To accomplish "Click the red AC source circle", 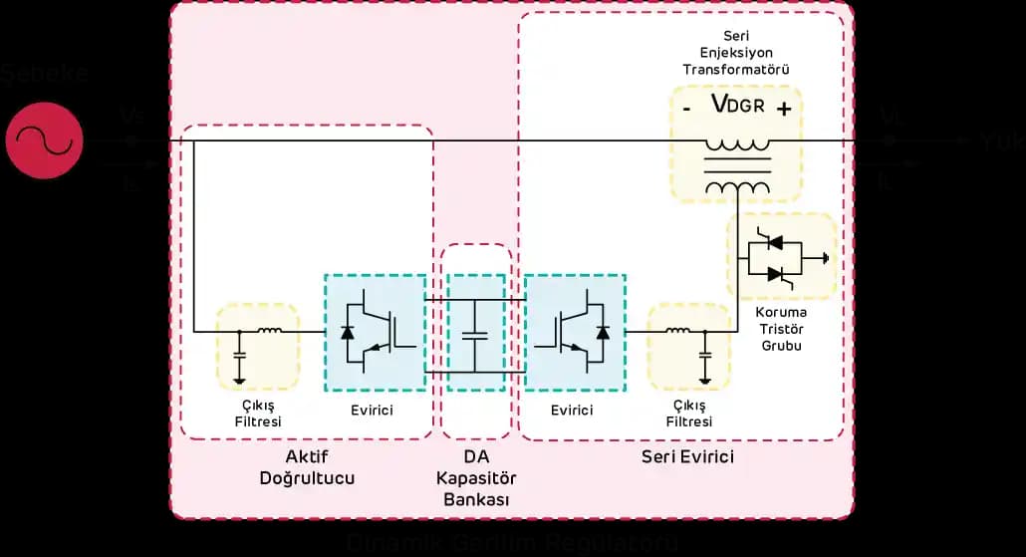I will (x=44, y=140).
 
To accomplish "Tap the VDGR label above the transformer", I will (x=737, y=106).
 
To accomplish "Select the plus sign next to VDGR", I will (x=784, y=109).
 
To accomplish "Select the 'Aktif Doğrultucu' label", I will (x=307, y=467).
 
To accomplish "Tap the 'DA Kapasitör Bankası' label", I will (x=475, y=477).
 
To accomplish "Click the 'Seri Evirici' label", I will (x=686, y=456).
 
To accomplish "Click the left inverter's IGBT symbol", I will (x=376, y=332).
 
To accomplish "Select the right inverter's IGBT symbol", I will (x=575, y=332).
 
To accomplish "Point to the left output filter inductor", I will (x=269, y=331).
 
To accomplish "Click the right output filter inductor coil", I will (x=677, y=331).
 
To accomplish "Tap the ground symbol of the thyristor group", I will (x=824, y=257).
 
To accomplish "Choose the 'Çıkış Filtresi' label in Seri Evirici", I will (x=689, y=414).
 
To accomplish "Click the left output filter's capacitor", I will (x=239, y=355).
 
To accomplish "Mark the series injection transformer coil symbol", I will (x=737, y=165).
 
